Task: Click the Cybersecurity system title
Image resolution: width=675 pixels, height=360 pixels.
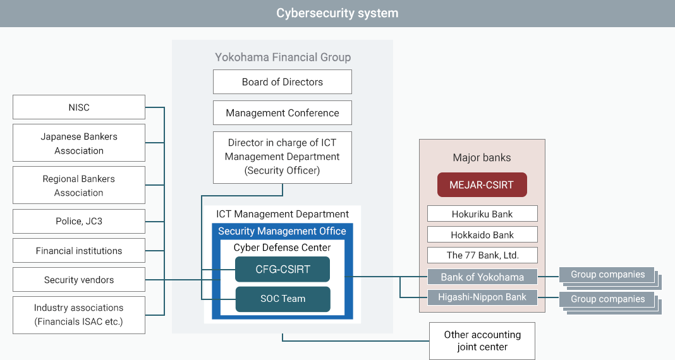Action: coord(337,13)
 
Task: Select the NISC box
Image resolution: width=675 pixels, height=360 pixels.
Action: coord(79,107)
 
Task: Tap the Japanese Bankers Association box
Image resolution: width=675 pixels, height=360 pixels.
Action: coord(79,143)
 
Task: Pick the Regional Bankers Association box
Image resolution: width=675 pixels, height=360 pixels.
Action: coord(79,186)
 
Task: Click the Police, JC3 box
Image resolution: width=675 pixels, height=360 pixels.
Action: coord(79,222)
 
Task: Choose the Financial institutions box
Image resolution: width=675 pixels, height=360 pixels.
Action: coord(79,251)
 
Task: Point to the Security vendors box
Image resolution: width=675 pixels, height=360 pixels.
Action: coord(79,280)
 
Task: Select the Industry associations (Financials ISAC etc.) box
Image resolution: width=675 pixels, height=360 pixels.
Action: coord(79,315)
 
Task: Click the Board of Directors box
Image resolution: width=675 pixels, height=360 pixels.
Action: coord(283,82)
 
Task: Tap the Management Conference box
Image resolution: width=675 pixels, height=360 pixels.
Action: coord(283,113)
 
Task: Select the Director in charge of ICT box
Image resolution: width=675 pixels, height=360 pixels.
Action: coord(283,157)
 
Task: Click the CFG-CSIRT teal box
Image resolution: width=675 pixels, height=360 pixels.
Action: coord(283,269)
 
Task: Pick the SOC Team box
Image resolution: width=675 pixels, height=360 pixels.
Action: coord(283,299)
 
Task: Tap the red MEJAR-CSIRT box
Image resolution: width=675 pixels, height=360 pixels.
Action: coord(482,185)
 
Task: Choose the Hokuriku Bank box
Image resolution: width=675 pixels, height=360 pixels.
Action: coord(482,214)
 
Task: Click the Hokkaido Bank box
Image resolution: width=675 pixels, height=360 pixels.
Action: coord(482,235)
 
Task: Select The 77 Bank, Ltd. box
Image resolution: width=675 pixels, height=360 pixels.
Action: coord(482,255)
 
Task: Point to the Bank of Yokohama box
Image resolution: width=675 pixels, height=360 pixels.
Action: coord(482,277)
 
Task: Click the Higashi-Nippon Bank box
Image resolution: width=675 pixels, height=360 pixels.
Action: coord(482,297)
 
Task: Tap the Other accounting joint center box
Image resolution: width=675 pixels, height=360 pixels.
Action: coord(482,340)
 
